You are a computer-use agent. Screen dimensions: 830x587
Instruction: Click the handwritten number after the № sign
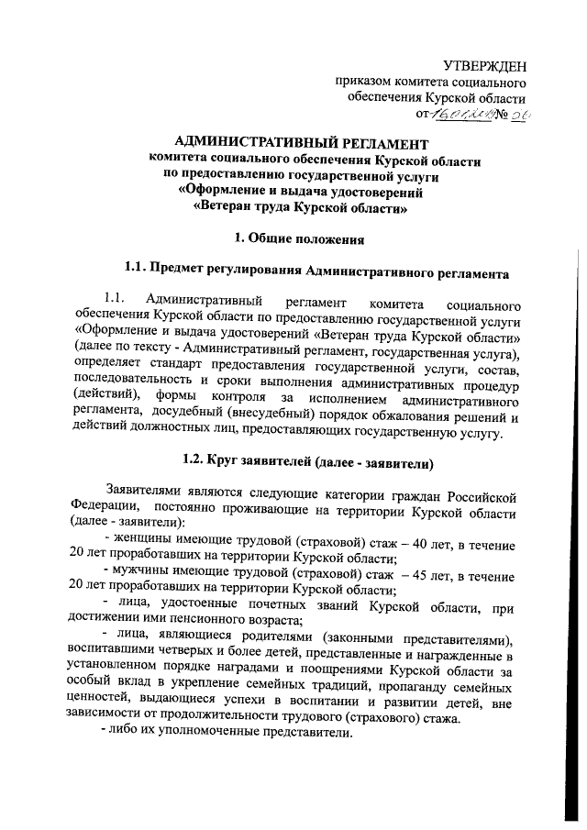click(x=520, y=115)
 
